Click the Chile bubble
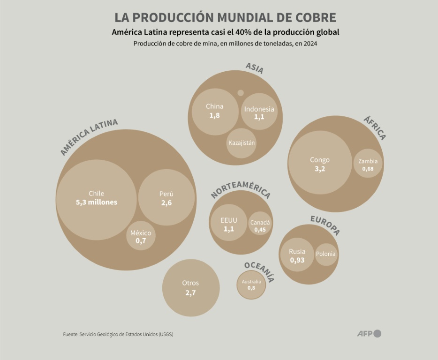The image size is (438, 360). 96,199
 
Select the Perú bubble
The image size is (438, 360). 166,197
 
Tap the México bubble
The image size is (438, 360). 141,236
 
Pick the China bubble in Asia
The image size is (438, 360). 215,112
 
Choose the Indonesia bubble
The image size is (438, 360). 259,112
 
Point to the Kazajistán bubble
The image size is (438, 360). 242,143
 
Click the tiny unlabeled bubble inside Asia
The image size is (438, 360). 241,93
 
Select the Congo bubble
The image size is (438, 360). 319,163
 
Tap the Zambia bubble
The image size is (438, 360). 368,164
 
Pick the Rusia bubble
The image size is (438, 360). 297,255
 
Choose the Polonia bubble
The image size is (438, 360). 326,255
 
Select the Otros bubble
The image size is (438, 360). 191,288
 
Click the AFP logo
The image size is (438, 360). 369,334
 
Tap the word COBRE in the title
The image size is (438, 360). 314,17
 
